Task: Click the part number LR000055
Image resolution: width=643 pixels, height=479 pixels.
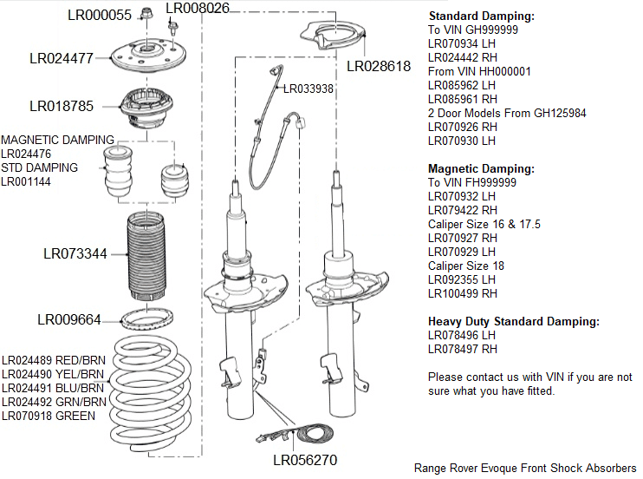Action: tap(100, 15)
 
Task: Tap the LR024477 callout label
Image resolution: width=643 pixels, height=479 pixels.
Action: tap(61, 59)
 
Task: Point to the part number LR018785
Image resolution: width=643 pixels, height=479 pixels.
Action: tap(61, 107)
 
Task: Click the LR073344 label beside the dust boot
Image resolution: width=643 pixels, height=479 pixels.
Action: tap(75, 254)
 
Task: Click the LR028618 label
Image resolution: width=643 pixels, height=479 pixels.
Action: tap(379, 66)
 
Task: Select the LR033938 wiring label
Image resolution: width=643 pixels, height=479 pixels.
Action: tap(308, 89)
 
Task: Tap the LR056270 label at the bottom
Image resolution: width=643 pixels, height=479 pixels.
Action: tap(305, 460)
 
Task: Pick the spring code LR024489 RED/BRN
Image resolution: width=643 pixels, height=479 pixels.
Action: tap(54, 360)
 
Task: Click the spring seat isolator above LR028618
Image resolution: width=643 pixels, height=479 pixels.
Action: tap(334, 36)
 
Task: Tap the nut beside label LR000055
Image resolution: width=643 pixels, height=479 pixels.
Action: tap(146, 14)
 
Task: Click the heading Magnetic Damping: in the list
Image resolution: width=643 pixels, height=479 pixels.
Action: tap(481, 169)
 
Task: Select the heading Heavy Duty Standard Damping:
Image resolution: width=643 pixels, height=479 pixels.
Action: tap(513, 322)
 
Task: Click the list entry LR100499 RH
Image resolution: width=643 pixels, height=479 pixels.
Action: tap(463, 294)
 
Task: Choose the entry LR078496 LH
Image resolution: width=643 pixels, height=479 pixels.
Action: tap(462, 336)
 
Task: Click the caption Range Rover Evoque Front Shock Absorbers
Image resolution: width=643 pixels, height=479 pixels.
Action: tap(524, 468)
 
